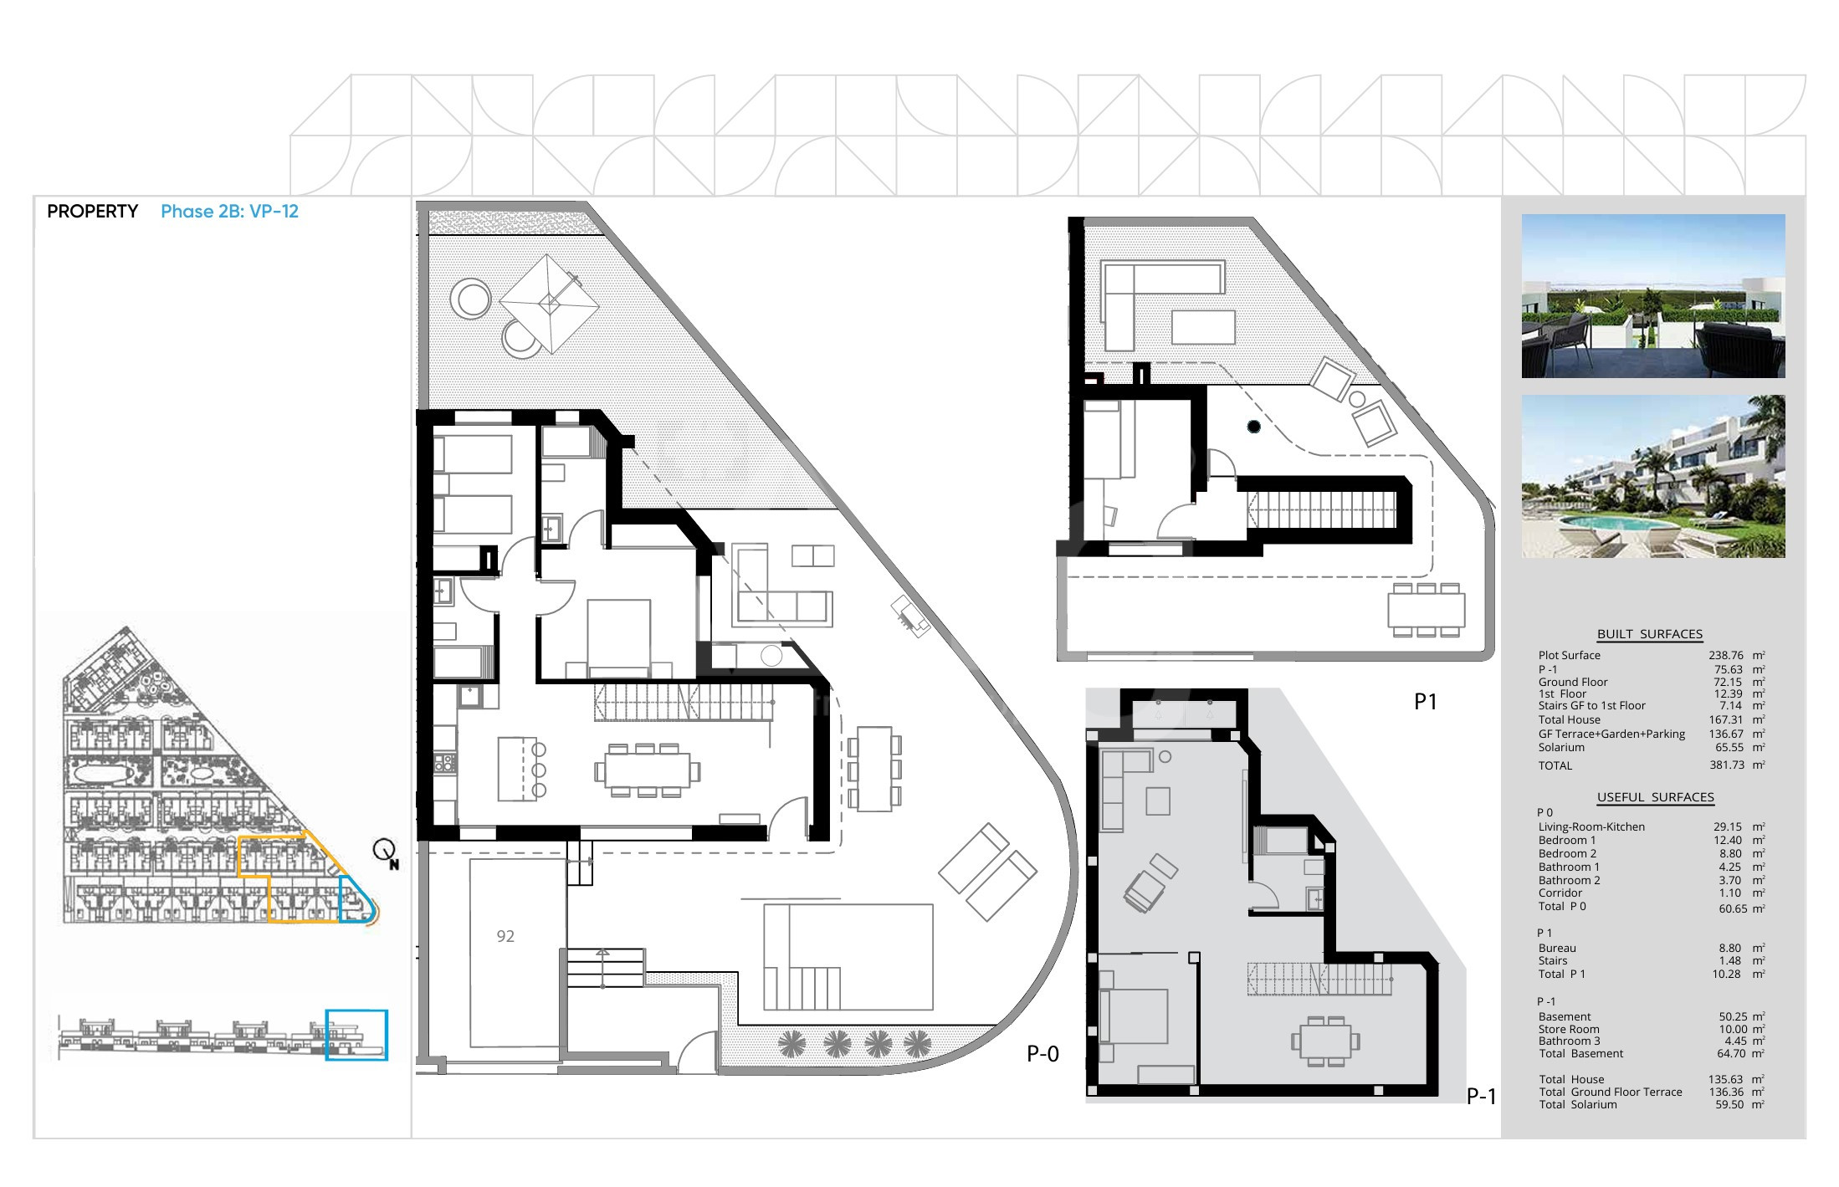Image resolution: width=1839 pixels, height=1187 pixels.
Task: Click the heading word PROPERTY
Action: pos(92,212)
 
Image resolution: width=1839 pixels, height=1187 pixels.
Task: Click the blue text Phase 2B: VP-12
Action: pos(229,212)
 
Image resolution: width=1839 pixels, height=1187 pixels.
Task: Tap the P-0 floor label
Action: pos(1042,1054)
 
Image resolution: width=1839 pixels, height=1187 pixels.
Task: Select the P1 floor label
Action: pos(1425,702)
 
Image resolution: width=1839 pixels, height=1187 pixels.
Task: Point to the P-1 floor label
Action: pos(1481,1096)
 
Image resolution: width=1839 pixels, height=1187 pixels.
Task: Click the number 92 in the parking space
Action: pos(505,936)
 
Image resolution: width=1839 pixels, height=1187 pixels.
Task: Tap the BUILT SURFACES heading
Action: pos(1649,634)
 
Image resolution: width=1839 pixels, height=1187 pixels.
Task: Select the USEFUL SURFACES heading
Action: pos(1655,797)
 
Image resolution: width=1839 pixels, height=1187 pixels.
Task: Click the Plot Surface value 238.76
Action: pos(1725,656)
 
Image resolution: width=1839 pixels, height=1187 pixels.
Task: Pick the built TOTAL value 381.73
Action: pos(1725,765)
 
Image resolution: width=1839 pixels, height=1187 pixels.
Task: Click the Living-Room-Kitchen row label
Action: pos(1591,827)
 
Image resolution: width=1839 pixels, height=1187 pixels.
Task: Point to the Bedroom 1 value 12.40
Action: pos(1729,841)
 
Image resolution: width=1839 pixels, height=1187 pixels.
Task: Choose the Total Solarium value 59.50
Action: pos(1729,1105)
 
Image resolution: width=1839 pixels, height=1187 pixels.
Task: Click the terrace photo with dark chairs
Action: pos(1652,295)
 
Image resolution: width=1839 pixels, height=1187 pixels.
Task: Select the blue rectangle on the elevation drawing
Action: pos(356,1035)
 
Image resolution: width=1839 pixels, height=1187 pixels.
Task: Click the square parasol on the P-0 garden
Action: pos(549,303)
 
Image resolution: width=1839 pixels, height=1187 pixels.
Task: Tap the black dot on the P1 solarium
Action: pos(1253,427)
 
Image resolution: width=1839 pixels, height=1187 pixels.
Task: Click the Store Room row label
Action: pos(1569,1030)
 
